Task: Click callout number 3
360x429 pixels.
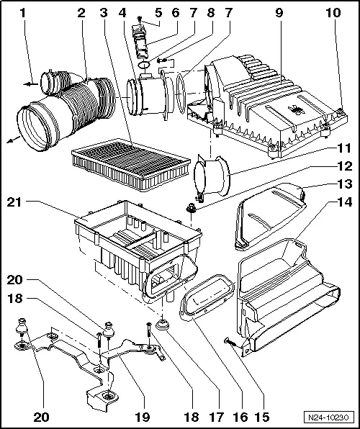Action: [x=105, y=12]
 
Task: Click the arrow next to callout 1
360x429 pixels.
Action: [x=29, y=83]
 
